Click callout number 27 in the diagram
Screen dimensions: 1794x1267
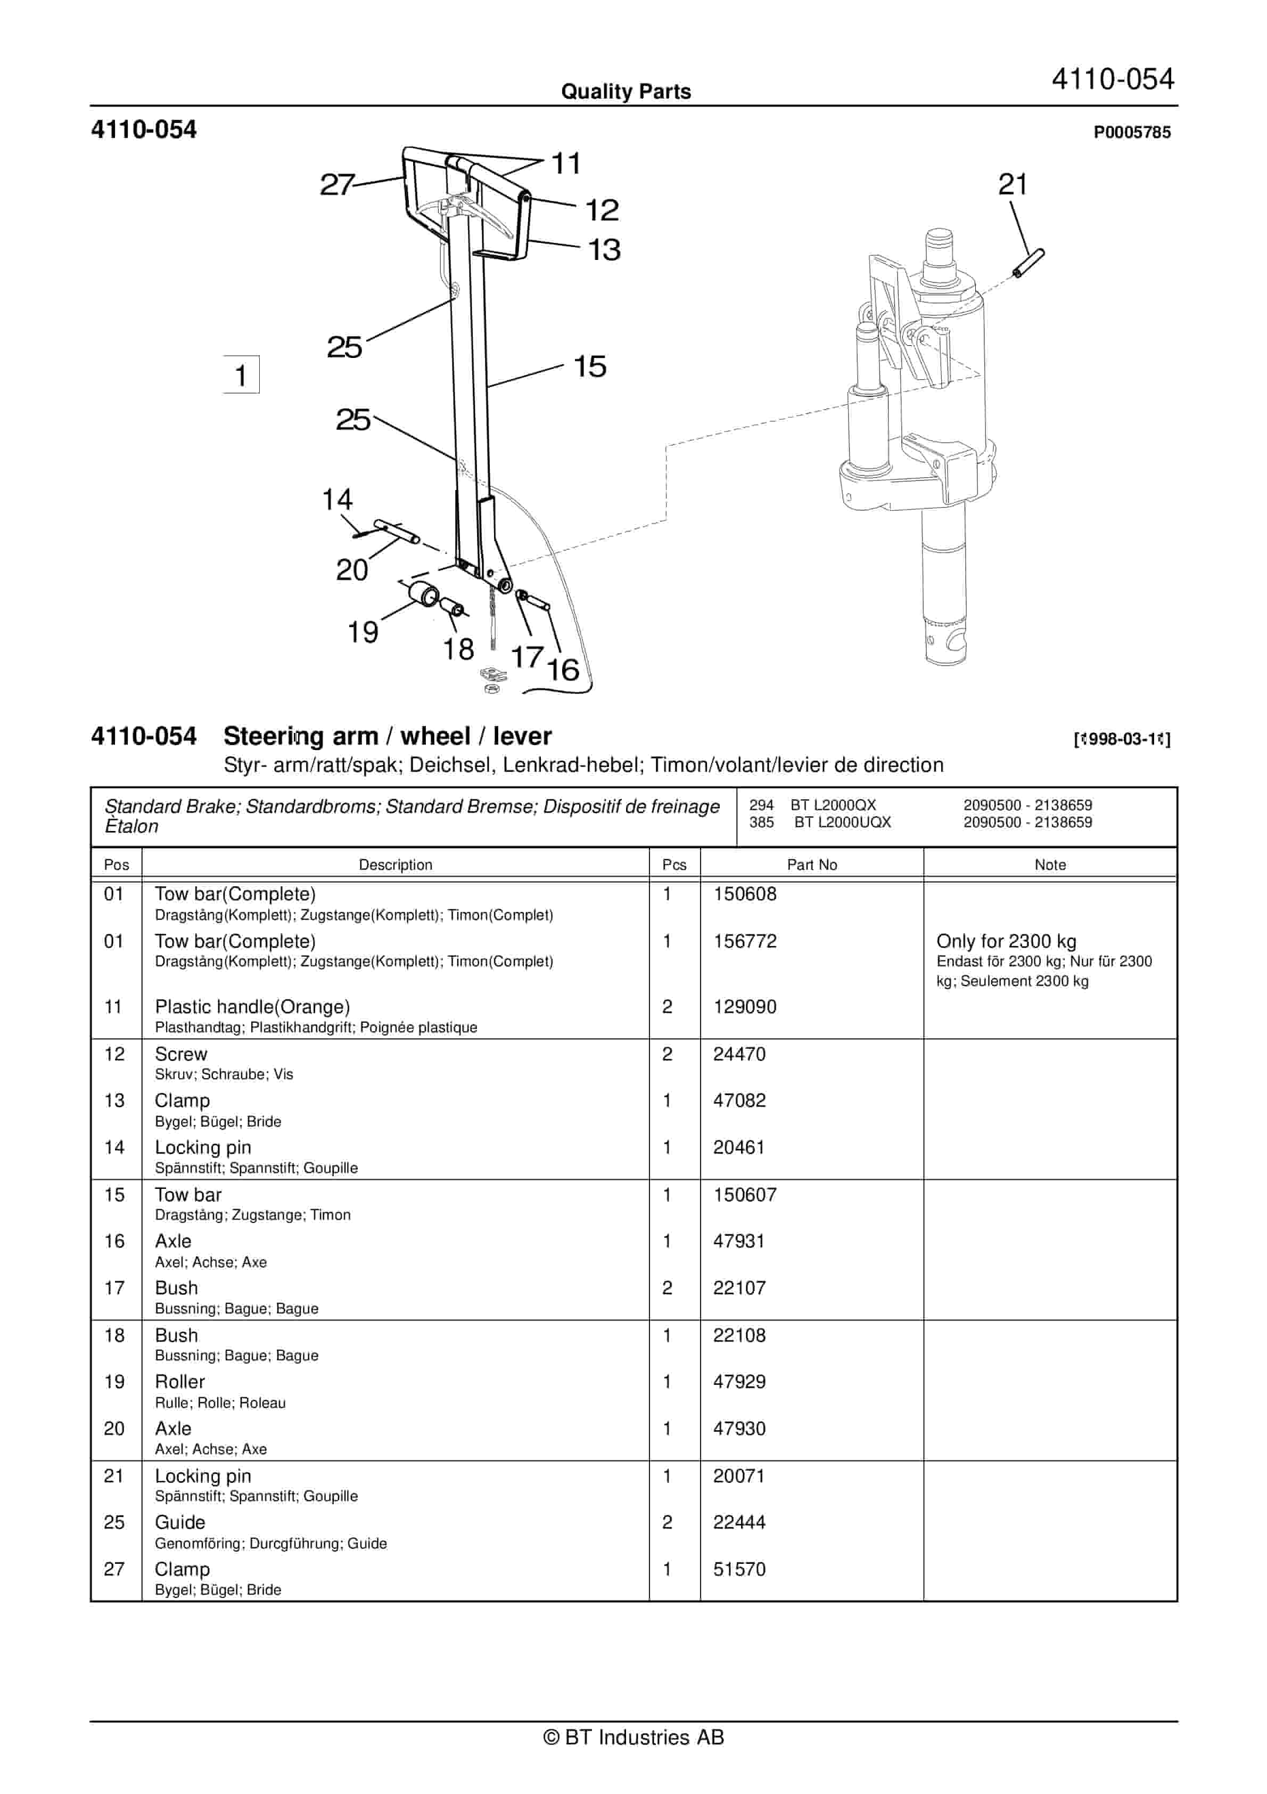coord(336,185)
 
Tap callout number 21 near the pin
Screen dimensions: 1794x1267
coord(1013,185)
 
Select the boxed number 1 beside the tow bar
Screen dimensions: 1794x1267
coord(241,375)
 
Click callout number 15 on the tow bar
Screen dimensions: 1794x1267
coord(590,366)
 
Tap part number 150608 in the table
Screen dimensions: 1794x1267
coord(744,894)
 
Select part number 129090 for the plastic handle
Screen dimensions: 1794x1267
coord(744,1006)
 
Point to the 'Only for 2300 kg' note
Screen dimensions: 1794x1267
coord(1006,942)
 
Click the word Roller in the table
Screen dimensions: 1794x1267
coord(179,1381)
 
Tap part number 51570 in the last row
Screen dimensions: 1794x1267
coord(739,1569)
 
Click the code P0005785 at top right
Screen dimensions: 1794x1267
coord(1132,133)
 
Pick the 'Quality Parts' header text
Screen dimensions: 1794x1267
coord(626,92)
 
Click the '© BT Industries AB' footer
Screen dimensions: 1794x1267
coord(633,1738)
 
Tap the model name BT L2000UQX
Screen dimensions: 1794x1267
coord(842,822)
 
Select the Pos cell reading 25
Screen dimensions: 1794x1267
coord(114,1522)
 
